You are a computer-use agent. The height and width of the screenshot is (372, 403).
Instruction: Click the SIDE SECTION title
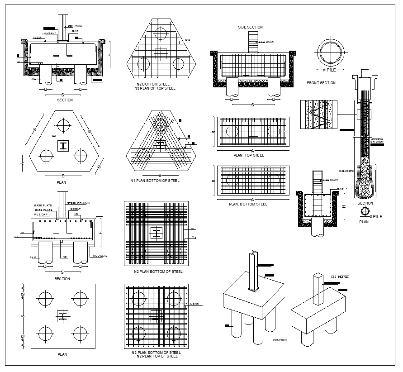pyautogui.click(x=250, y=27)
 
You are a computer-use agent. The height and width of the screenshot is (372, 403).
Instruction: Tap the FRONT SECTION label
pyautogui.click(x=321, y=83)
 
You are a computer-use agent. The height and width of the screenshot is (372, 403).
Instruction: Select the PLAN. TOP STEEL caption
pyautogui.click(x=248, y=155)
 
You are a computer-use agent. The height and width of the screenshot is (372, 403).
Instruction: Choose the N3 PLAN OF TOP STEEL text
pyautogui.click(x=156, y=88)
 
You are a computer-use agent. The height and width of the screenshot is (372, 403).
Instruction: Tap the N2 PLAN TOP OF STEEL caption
pyautogui.click(x=156, y=356)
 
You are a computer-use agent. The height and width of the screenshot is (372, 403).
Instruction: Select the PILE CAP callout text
pyautogui.click(x=41, y=215)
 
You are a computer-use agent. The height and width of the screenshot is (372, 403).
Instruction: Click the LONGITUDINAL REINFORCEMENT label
pyautogui.click(x=377, y=140)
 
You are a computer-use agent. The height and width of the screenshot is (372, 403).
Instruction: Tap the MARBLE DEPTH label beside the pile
pyautogui.click(x=346, y=171)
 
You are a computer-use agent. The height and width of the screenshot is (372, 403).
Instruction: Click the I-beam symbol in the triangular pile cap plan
pyautogui.click(x=64, y=145)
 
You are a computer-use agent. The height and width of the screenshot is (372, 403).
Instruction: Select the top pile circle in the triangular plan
pyautogui.click(x=64, y=124)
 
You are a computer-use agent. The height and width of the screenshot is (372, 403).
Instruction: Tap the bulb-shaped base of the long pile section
pyautogui.click(x=365, y=184)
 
